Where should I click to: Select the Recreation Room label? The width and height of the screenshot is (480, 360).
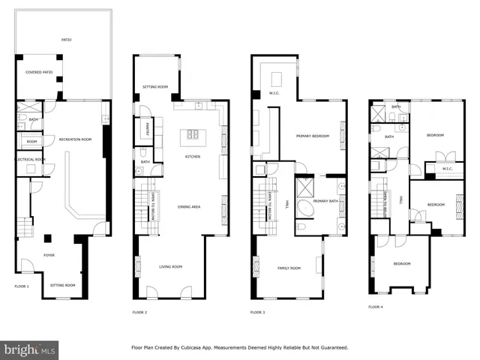[x=76, y=139]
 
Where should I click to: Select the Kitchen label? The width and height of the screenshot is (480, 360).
[x=193, y=157]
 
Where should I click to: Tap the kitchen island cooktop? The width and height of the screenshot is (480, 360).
[x=193, y=135]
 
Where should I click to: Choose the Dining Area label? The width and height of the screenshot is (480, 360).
[x=188, y=206]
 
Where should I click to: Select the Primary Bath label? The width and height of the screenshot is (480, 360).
[x=326, y=201]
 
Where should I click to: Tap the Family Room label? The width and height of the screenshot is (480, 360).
[x=289, y=268]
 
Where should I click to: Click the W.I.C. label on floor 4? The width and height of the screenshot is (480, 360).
[x=447, y=169]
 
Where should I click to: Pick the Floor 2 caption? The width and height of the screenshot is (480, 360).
[x=140, y=311]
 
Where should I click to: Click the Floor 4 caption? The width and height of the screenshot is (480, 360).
[x=376, y=307]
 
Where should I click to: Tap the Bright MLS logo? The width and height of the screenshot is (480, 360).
[x=30, y=349]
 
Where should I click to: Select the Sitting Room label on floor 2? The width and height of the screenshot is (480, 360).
[x=155, y=87]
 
